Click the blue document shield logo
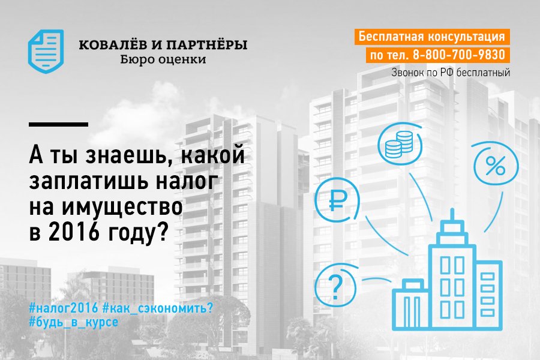(x=46, y=52)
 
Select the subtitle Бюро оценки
(x=163, y=60)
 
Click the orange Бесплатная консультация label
(x=432, y=37)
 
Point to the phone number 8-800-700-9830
(x=459, y=55)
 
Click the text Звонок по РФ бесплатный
(x=451, y=73)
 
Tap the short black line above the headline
(x=58, y=124)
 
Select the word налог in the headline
(x=187, y=181)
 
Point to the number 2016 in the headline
(x=74, y=233)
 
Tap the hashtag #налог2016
(x=64, y=308)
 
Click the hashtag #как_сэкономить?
(x=158, y=308)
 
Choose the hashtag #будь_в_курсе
(x=73, y=322)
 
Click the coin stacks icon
(x=399, y=145)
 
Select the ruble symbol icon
(x=337, y=200)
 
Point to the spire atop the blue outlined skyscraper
(x=452, y=215)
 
